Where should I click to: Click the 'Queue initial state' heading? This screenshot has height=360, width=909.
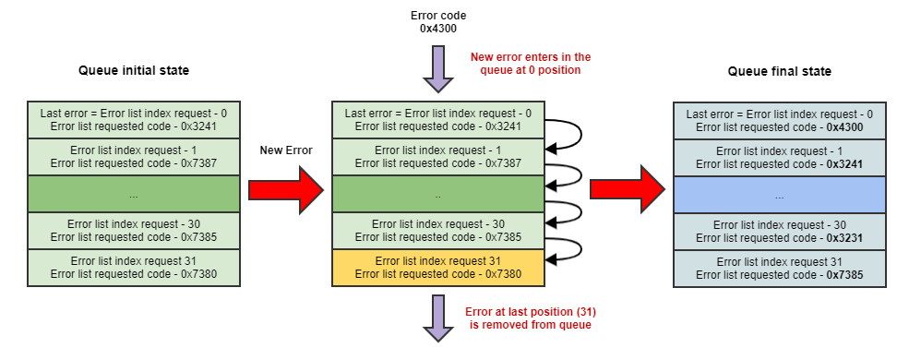(x=134, y=71)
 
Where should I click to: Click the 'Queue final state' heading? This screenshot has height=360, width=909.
(x=780, y=71)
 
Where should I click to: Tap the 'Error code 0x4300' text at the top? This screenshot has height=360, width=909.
(x=438, y=22)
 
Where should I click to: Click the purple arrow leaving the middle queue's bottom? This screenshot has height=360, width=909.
(x=438, y=318)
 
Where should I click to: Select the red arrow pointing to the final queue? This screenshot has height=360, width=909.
(x=628, y=189)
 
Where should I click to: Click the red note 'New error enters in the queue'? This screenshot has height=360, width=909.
(x=530, y=62)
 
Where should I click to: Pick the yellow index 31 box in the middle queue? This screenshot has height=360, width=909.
(x=438, y=268)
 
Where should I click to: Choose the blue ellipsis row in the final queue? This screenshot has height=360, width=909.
(x=780, y=195)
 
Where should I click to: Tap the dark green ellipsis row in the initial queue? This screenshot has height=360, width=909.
(x=134, y=195)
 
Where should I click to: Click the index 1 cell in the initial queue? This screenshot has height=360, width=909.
(x=134, y=157)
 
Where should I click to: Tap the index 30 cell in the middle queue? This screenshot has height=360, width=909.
(x=438, y=231)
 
